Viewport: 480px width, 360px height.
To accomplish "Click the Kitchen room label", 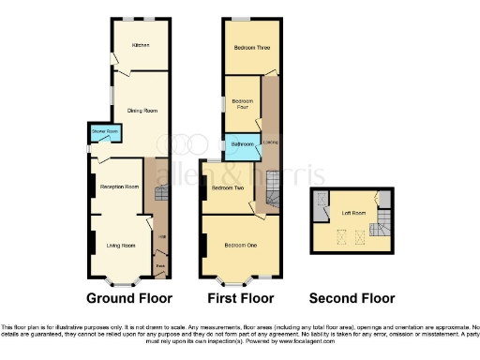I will (141, 44).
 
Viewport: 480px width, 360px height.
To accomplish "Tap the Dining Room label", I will (142, 112).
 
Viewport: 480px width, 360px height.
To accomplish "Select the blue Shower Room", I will (104, 132).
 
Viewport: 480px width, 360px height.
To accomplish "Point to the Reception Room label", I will (120, 187).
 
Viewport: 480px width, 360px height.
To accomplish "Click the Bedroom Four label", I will (242, 103).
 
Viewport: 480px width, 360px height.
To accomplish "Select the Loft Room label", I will (352, 213).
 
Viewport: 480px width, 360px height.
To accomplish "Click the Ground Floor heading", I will (129, 299).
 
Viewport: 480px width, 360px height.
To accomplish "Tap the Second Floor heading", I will (352, 299).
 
